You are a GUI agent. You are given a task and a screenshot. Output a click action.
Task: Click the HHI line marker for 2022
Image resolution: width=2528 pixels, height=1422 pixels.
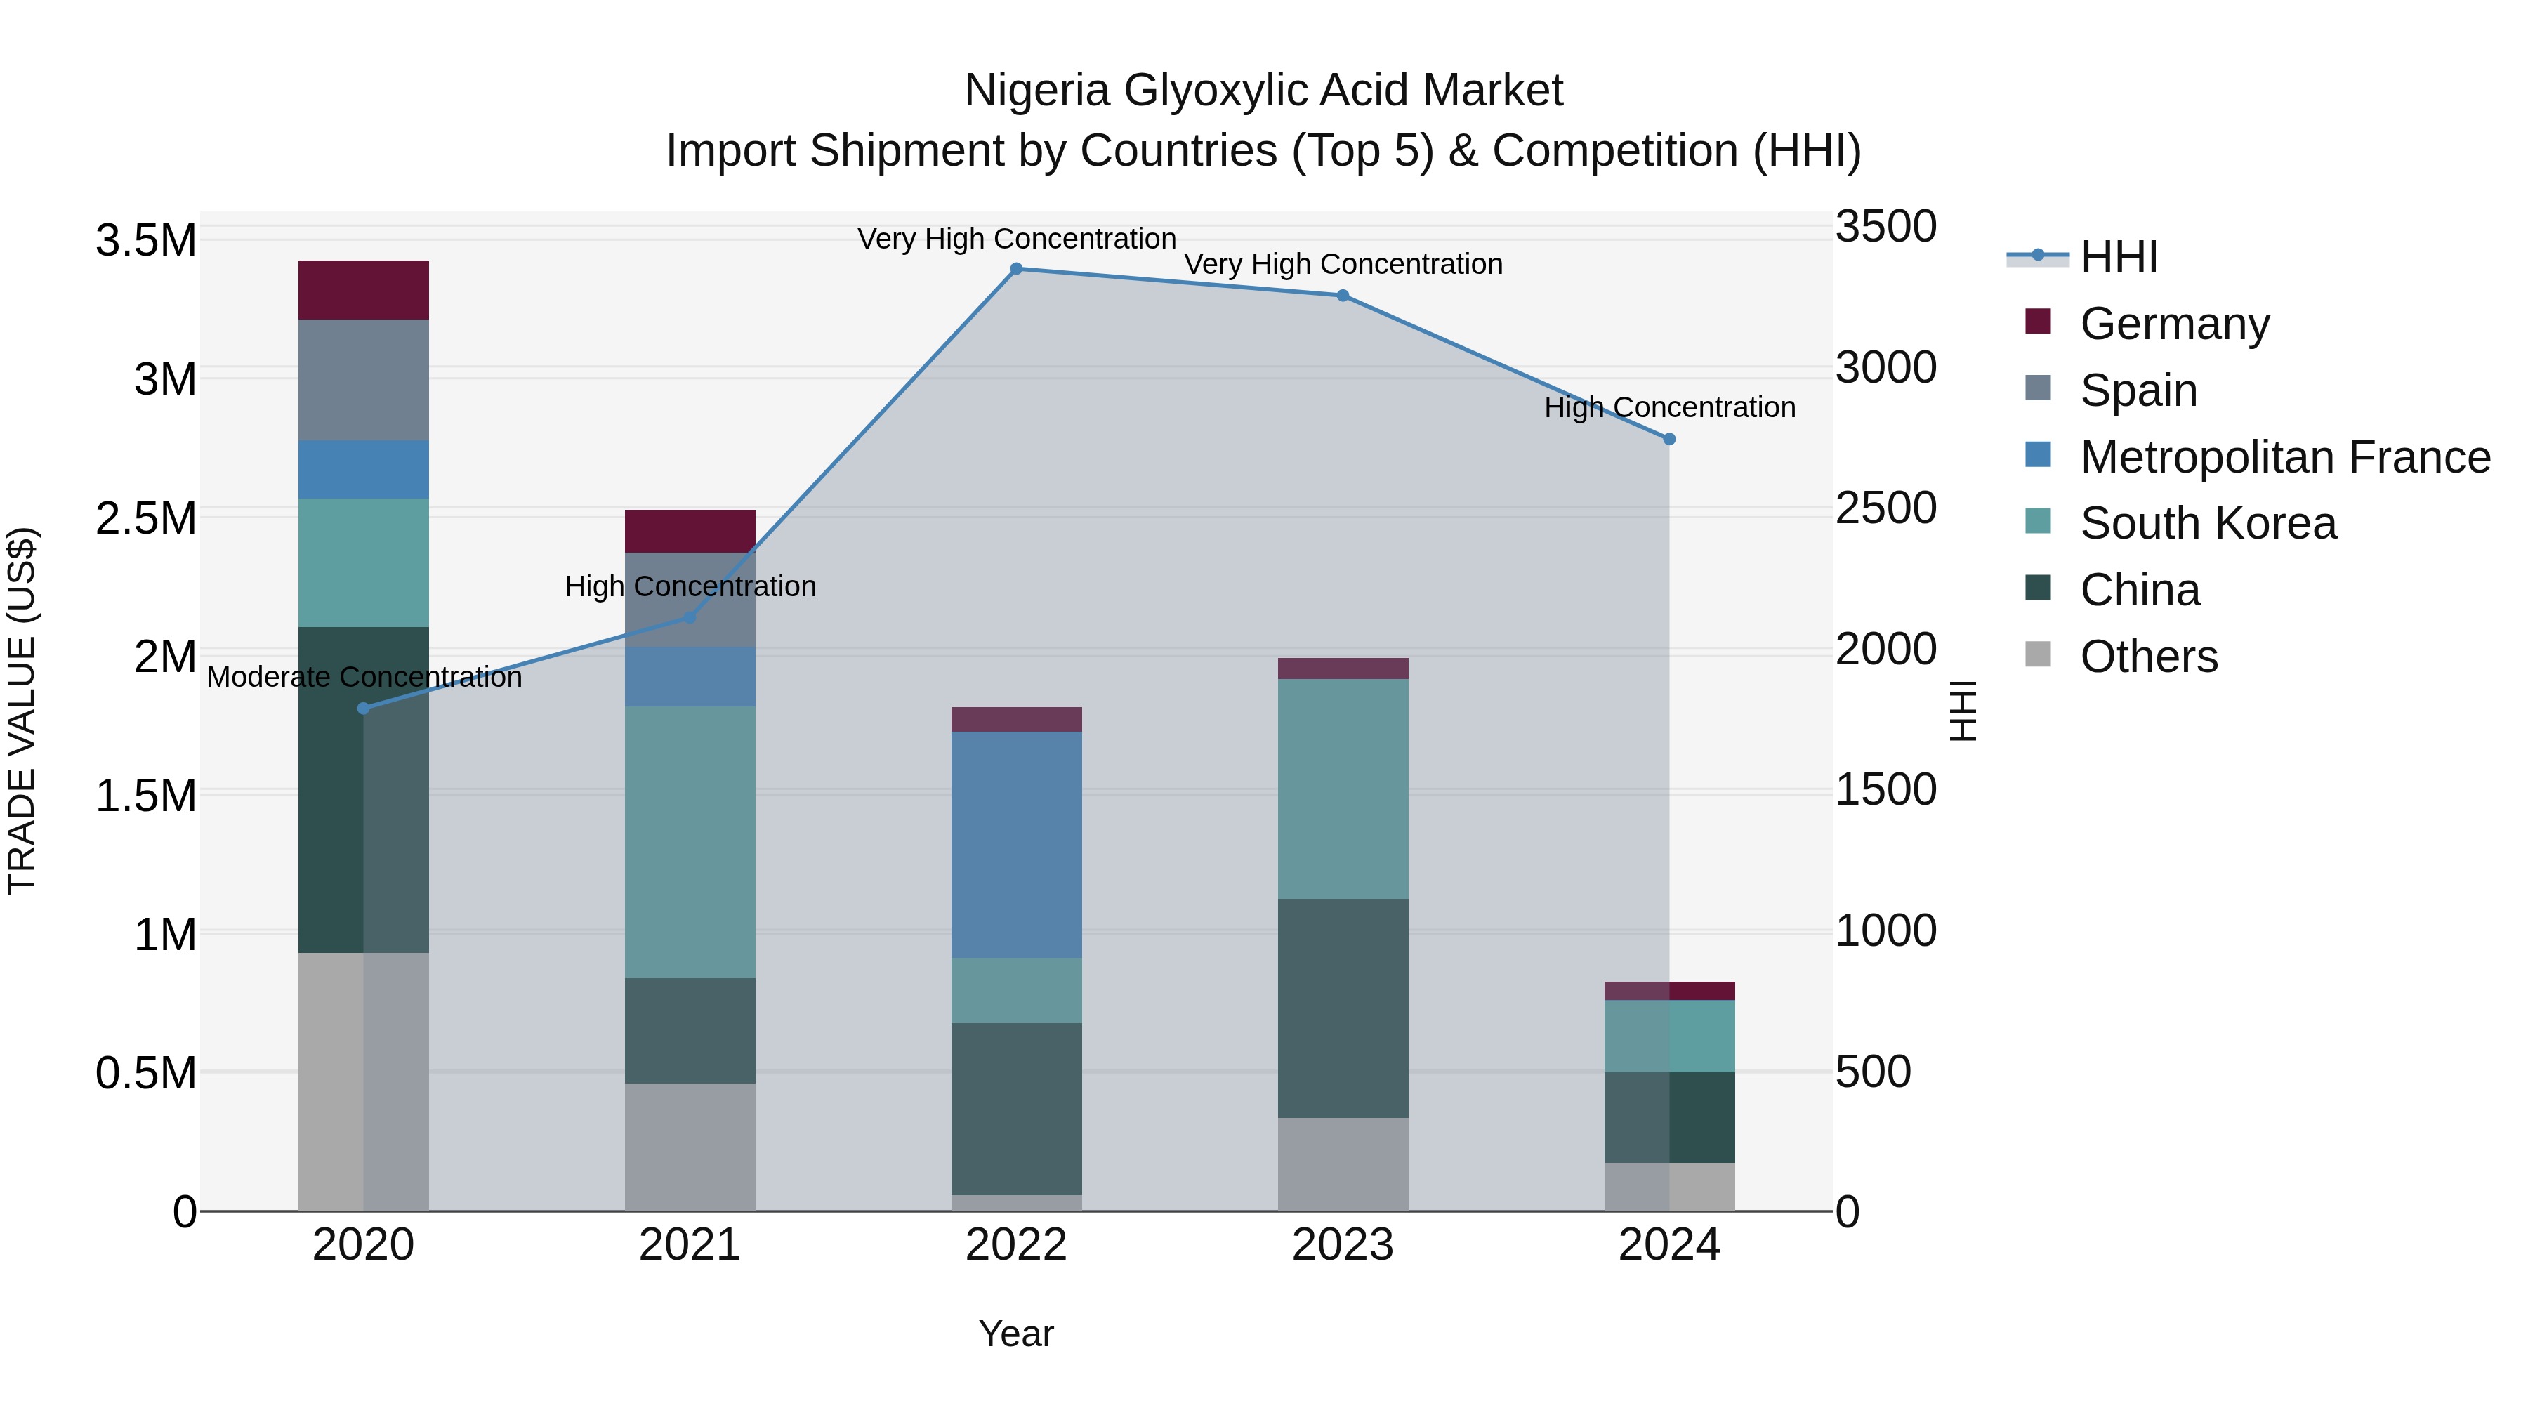tap(1017, 269)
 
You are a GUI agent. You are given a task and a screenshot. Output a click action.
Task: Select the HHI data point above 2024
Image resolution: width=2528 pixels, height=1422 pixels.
tap(1669, 440)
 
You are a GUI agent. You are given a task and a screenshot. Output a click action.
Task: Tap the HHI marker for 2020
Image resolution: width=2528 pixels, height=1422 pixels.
tap(363, 709)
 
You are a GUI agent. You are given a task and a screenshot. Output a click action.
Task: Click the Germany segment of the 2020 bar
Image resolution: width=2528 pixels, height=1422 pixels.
tap(363, 291)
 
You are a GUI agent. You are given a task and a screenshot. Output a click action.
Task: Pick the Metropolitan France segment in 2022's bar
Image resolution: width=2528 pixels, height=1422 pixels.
tap(1017, 845)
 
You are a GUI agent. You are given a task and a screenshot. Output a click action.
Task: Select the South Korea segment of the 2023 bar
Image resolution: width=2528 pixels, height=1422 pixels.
tap(1343, 789)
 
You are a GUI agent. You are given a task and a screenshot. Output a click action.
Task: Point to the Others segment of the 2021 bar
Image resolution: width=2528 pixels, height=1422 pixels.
tap(690, 1147)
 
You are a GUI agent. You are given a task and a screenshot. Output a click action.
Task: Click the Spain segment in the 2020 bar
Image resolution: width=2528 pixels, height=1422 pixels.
tap(363, 380)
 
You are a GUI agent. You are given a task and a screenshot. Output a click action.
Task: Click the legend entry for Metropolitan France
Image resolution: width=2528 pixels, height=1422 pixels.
tap(2284, 457)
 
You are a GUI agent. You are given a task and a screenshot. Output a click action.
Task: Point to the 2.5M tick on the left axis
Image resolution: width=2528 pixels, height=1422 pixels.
tap(146, 518)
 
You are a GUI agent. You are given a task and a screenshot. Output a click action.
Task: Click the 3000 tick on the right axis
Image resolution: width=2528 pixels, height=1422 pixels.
tap(1885, 368)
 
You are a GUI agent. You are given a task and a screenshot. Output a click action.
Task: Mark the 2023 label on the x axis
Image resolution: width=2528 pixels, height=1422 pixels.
tap(1343, 1245)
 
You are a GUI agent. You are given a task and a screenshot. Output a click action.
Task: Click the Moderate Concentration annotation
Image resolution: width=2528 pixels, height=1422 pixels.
tap(364, 677)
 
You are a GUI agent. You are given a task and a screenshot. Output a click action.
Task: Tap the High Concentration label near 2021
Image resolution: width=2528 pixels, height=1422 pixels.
tap(690, 587)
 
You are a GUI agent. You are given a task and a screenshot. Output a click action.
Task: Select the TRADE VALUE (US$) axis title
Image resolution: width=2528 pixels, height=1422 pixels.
tap(22, 711)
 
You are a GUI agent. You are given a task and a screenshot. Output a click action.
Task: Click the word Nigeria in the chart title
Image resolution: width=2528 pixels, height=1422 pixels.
tap(1039, 91)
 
